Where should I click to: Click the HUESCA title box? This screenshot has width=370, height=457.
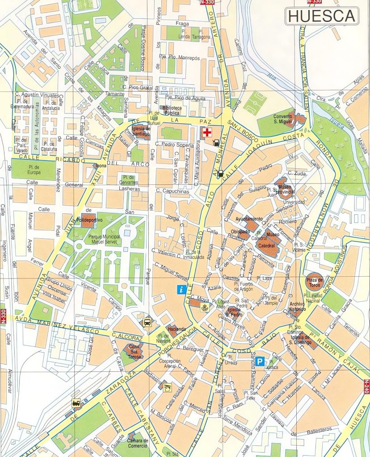coord(321,16)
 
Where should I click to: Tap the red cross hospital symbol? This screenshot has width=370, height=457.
coord(206,133)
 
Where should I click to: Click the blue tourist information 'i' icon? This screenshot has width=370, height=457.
coord(181,289)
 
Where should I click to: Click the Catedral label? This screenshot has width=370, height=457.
coord(267,246)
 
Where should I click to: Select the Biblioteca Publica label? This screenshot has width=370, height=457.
coord(172,110)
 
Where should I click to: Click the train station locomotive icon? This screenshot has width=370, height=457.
coord(76,403)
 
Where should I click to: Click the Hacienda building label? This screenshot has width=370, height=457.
coord(177,329)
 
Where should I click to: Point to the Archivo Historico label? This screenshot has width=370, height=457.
coord(297,307)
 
